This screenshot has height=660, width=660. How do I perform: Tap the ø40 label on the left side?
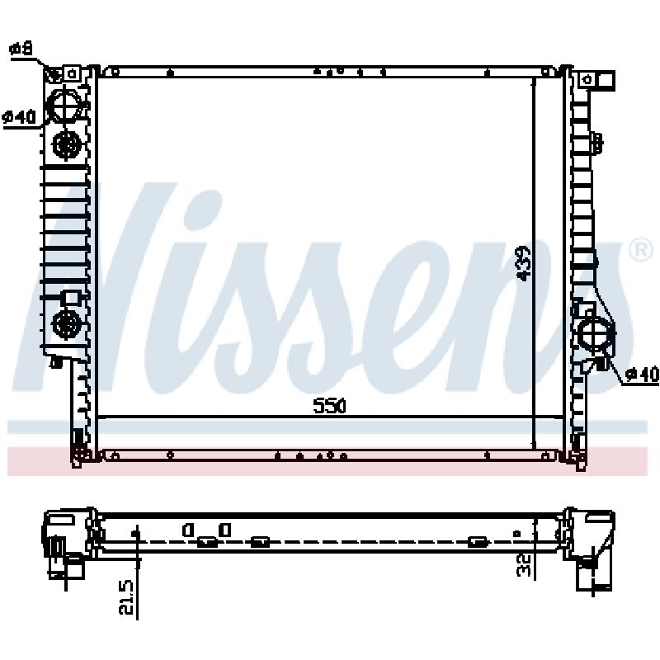pos(19,117)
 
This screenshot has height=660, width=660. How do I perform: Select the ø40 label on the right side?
pos(642,374)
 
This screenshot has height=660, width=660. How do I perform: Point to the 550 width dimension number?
pos(329,406)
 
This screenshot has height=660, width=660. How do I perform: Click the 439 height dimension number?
pos(525,263)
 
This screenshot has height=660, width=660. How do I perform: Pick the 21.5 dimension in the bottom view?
pos(126,596)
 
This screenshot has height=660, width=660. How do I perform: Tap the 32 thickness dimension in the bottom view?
pos(525,565)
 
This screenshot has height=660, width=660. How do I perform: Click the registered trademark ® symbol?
pos(640,250)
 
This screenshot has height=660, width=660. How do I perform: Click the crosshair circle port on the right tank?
pos(595,334)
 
